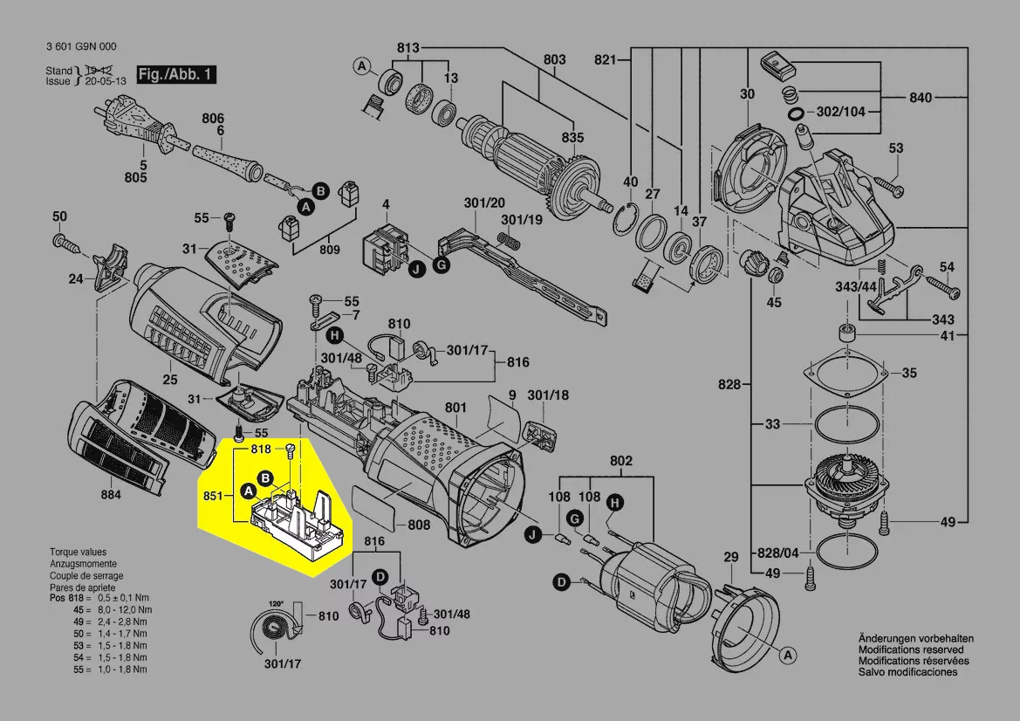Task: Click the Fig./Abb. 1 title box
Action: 175,74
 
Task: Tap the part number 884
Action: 112,495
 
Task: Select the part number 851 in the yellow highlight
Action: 212,495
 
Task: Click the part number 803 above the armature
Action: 554,59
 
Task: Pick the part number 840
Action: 920,97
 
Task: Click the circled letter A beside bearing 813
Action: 361,65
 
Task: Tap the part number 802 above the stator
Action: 620,460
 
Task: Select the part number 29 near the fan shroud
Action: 731,557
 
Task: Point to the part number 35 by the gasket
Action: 909,373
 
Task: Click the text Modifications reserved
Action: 911,650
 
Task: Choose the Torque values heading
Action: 79,553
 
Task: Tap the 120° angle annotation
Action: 276,604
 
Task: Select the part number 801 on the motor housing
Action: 455,407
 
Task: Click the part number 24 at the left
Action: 76,279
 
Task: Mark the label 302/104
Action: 841,112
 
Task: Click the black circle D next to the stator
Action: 562,581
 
